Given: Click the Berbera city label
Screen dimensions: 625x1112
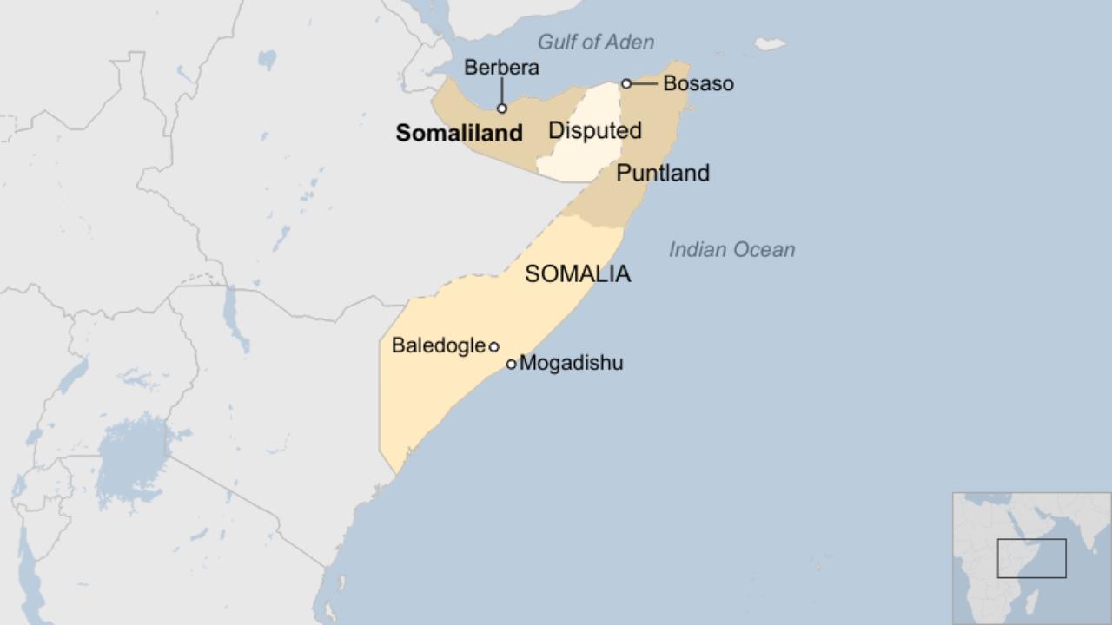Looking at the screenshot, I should tap(501, 68).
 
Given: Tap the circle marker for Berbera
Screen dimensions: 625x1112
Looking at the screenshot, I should tap(501, 109).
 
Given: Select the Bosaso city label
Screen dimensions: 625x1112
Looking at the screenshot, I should tap(698, 83).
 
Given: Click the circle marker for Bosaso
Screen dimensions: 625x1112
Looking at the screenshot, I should tap(625, 83).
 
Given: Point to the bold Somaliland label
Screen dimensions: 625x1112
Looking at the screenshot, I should tap(459, 133).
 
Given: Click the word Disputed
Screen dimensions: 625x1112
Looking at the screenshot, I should tap(595, 131).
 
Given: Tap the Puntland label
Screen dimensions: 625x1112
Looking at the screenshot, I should tap(663, 173).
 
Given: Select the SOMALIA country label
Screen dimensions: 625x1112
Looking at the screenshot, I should tap(578, 274).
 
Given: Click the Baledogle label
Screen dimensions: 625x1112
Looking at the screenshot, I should tap(438, 345).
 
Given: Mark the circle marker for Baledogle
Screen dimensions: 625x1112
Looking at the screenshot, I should tap(493, 346).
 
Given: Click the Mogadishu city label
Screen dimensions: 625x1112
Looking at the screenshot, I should tap(571, 363).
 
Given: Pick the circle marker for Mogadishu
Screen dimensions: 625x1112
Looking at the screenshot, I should tap(511, 364).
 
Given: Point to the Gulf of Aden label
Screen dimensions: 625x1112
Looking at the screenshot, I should tap(596, 42).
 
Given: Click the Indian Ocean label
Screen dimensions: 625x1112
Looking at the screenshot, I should tap(731, 250).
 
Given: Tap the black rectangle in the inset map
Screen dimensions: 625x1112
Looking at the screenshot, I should tap(1031, 558).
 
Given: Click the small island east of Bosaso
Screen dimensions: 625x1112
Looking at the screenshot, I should tap(770, 43).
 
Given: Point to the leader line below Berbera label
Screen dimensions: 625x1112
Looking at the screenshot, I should tap(501, 91).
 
